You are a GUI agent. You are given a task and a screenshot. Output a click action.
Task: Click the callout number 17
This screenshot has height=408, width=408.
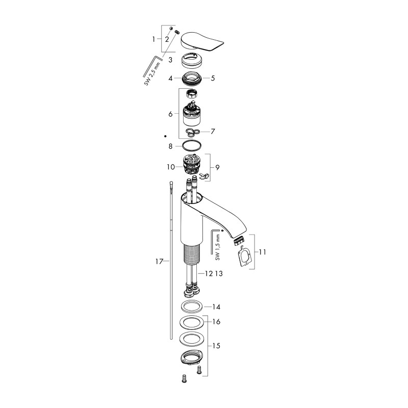tap(159, 262)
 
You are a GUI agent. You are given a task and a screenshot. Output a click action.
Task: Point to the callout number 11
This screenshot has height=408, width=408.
tap(263, 251)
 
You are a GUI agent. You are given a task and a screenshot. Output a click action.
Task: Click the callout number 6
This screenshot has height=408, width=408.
tap(170, 114)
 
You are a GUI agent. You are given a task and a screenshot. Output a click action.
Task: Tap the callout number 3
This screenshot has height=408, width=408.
tap(172, 60)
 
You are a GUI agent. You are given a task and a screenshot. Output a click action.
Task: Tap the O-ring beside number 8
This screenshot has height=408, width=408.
tap(191, 146)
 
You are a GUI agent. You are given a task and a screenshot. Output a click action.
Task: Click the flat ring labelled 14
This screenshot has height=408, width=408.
tap(192, 308)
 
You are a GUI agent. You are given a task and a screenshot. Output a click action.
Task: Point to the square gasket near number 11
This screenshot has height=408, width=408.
tap(245, 257)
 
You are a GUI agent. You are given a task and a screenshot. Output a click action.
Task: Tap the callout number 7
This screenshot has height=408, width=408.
tap(213, 131)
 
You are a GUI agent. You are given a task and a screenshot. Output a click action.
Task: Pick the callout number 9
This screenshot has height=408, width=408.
tap(217, 167)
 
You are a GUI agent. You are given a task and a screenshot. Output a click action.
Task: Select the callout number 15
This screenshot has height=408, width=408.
tap(216, 346)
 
